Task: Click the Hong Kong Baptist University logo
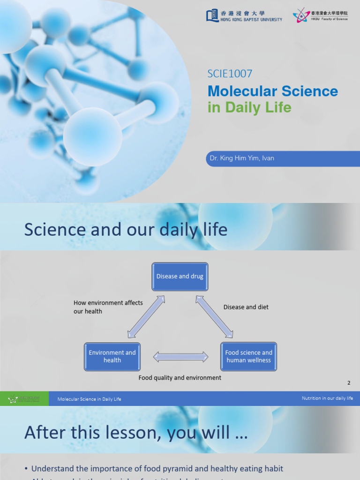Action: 244,16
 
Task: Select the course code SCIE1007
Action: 230,74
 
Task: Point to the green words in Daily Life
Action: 249,107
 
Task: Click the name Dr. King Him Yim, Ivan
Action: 242,158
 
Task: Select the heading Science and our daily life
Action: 126,230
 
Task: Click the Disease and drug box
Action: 180,277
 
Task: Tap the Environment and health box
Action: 112,356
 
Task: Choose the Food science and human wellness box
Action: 248,356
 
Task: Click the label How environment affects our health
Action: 108,307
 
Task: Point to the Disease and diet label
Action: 246,307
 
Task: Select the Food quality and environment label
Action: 180,378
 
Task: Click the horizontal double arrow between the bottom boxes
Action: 180,357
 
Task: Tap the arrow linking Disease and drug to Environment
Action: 146,316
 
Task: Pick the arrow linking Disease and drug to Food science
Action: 214,316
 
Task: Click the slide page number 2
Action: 349,383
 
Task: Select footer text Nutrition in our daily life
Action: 327,398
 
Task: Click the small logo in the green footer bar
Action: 23,399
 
